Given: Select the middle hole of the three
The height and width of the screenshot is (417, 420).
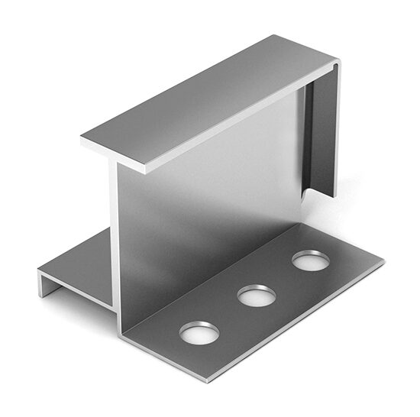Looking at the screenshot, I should point(257,295).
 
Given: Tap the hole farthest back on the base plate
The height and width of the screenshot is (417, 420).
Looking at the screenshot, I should point(311,260).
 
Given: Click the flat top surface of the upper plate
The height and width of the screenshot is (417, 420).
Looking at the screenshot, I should point(206,99).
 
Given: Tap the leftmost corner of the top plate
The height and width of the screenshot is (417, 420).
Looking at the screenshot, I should point(82,139).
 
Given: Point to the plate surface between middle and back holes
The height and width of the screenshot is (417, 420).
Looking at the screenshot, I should point(284,277).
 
